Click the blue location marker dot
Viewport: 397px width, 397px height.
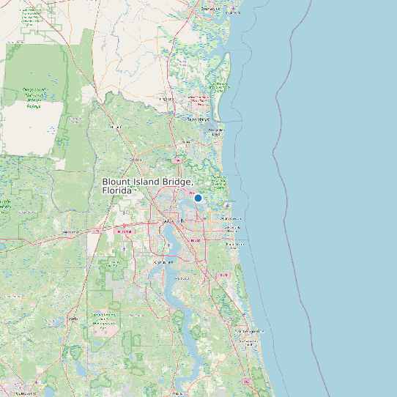[198, 198]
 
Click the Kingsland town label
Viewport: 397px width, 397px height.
[167, 97]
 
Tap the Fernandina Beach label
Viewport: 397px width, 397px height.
[216, 133]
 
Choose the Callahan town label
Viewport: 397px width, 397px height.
[136, 159]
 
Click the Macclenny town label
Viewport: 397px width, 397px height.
[71, 231]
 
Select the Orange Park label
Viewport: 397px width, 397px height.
[164, 261]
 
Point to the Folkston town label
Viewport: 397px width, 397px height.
[115, 126]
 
